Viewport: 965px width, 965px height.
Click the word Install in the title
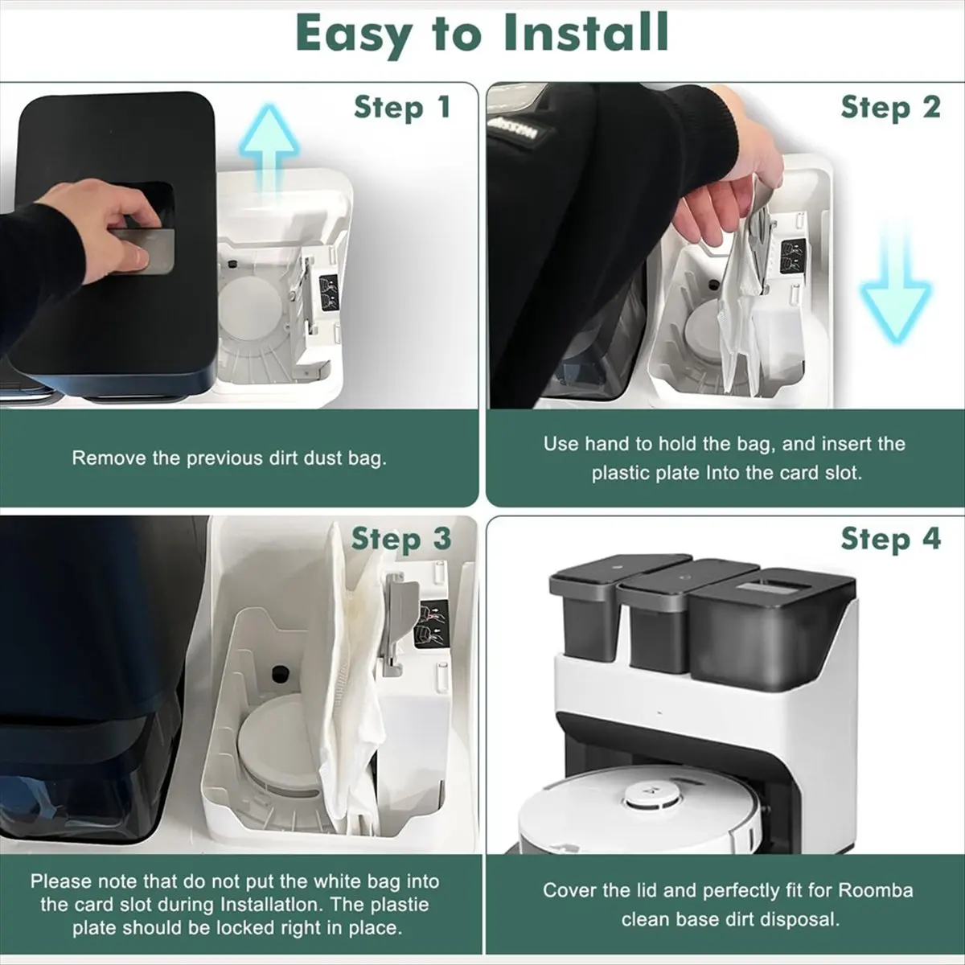click(x=585, y=32)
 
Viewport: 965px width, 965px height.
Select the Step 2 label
click(x=891, y=108)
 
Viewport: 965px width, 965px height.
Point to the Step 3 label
click(x=401, y=540)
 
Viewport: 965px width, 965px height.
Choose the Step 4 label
click(x=891, y=540)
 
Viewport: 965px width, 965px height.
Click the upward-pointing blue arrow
click(x=269, y=150)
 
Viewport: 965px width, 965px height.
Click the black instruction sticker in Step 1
click(x=329, y=293)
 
